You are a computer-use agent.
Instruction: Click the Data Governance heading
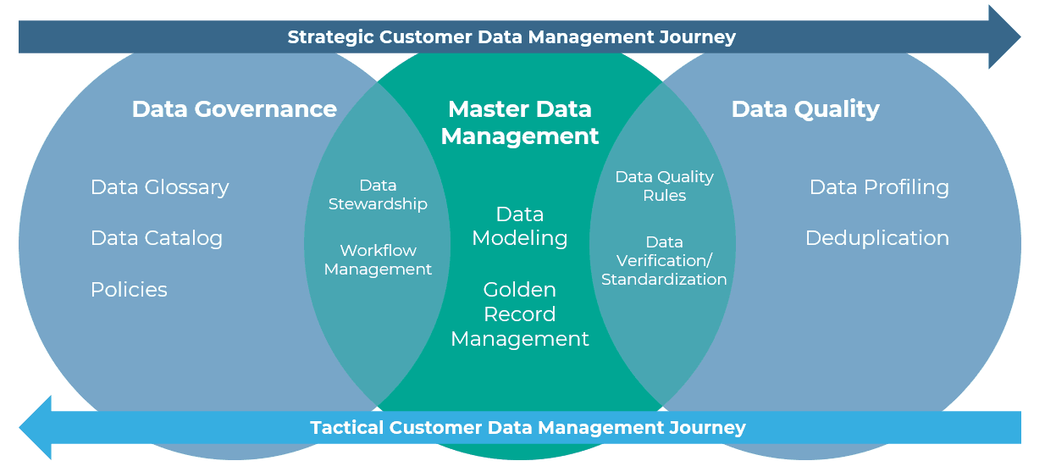[235, 109]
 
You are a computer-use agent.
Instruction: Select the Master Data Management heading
[520, 123]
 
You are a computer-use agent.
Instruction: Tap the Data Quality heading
[805, 110]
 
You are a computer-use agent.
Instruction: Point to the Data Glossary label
[159, 187]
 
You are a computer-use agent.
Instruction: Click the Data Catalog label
[157, 239]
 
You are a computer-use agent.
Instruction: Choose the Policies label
[129, 290]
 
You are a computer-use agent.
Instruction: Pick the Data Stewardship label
[378, 195]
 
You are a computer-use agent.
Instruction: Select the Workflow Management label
[378, 259]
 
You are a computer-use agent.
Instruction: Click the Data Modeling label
[520, 226]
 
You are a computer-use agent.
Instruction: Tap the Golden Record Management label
[520, 314]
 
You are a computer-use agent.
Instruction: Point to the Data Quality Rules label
[664, 186]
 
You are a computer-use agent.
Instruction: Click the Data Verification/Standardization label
[664, 260]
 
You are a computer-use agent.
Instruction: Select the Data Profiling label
[879, 187]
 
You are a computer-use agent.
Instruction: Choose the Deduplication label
[877, 239]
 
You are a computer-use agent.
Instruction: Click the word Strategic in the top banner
[330, 37]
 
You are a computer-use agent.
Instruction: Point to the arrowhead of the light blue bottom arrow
[36, 428]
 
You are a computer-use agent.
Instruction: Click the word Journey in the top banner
[698, 37]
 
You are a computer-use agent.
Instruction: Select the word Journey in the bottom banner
[707, 428]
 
